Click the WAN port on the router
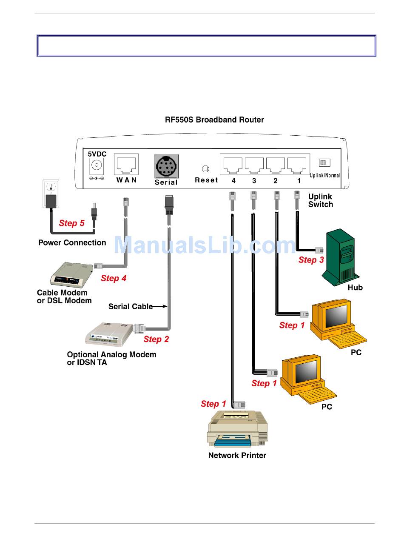[126, 164]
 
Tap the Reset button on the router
[205, 168]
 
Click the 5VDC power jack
[97, 166]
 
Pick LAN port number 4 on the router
[233, 165]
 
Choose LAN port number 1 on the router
[296, 165]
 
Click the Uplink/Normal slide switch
[324, 163]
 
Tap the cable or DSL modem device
[71, 275]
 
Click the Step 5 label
[71, 223]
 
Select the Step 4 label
[114, 278]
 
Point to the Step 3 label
[311, 260]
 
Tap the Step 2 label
[156, 339]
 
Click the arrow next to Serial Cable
[159, 306]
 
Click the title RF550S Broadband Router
[214, 120]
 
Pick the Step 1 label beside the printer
[213, 404]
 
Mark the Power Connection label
[72, 242]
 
